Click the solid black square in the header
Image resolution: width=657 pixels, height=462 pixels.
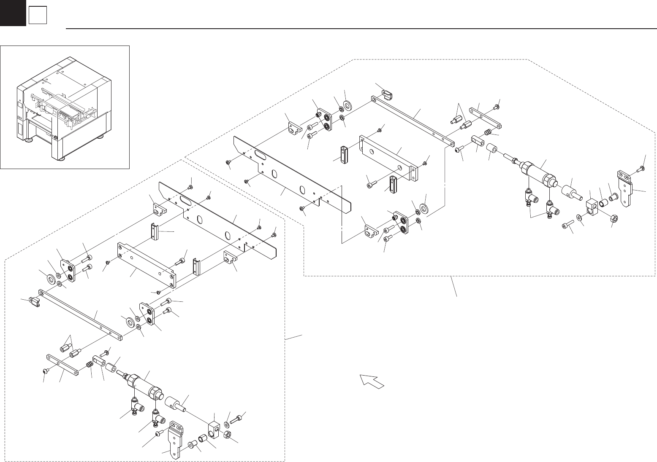(x=13, y=13)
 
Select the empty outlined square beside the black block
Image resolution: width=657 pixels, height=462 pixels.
(x=37, y=16)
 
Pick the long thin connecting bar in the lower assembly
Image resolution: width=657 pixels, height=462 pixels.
(x=80, y=314)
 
